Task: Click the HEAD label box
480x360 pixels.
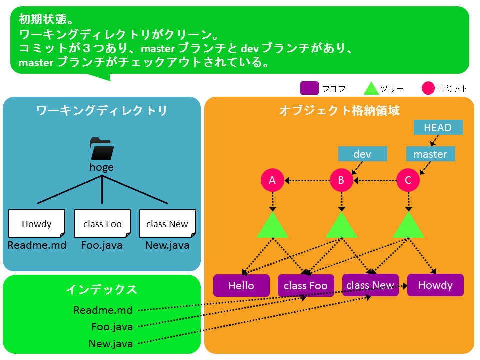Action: point(438,127)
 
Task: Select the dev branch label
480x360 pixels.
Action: point(363,154)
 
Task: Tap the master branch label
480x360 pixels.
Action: point(430,154)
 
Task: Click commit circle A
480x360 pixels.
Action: point(272,180)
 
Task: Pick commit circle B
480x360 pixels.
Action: point(341,180)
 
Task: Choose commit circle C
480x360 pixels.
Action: point(408,180)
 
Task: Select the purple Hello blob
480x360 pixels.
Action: point(241,285)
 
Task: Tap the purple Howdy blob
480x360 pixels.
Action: point(435,285)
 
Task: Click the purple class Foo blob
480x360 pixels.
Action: point(306,285)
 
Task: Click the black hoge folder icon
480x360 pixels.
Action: point(102,149)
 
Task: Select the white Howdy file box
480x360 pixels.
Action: point(37,224)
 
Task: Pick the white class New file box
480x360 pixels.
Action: point(168,224)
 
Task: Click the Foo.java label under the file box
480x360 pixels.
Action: point(102,245)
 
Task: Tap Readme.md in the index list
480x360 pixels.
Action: point(103,310)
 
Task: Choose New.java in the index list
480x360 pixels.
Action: point(111,344)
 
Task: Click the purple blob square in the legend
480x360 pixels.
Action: point(309,88)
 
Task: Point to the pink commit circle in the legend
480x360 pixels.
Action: point(428,88)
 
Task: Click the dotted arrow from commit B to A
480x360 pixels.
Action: point(307,180)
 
